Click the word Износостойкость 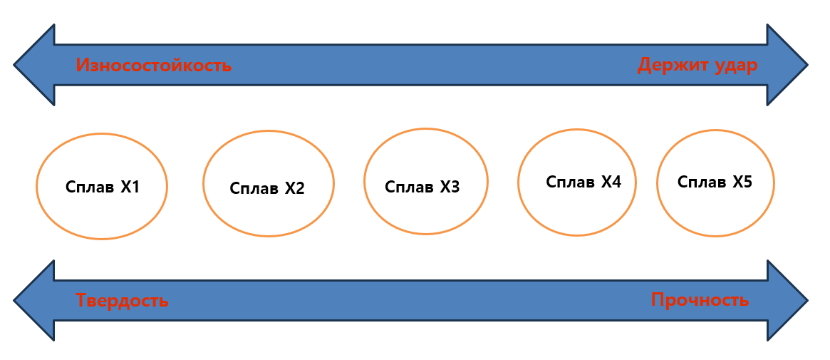point(153,66)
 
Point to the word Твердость point(122,300)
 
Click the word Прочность point(700,300)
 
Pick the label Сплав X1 point(102,187)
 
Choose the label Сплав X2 point(267,189)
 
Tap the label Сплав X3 point(422,187)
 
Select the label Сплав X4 point(583,182)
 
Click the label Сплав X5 point(715,182)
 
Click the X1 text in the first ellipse point(130,187)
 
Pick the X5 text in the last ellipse point(742,182)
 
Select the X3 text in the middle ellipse point(450,187)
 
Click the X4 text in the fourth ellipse point(611,182)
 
